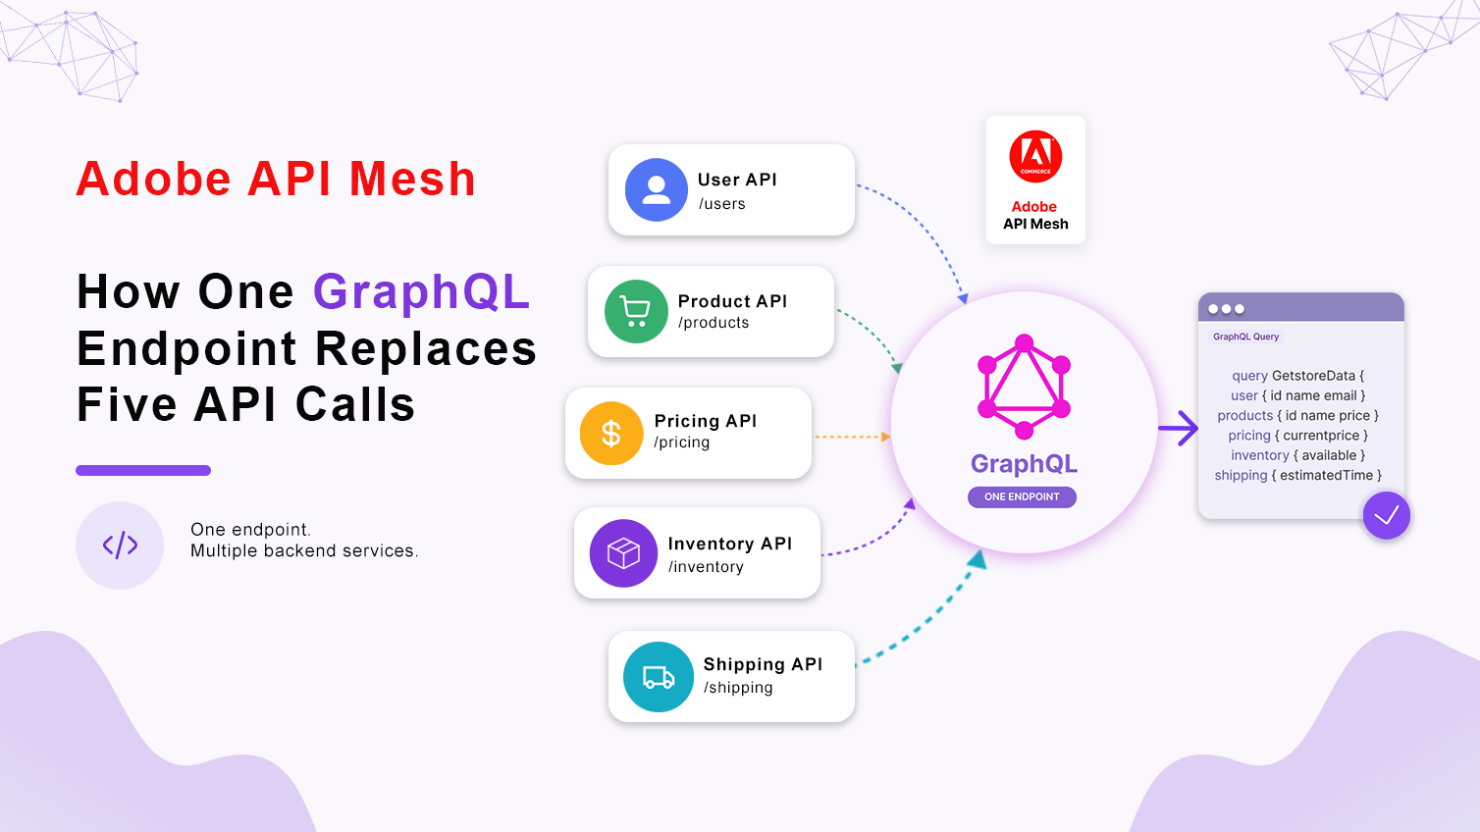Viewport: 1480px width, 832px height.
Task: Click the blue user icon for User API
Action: (x=657, y=189)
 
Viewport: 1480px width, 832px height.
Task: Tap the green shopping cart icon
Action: (x=636, y=311)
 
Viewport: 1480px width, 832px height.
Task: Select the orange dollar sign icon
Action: (x=611, y=433)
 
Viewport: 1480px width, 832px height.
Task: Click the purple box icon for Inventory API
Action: (x=623, y=553)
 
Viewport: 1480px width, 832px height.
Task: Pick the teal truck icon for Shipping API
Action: (x=659, y=677)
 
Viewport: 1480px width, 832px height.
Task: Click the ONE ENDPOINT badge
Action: (x=1022, y=496)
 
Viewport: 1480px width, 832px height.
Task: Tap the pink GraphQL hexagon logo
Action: (x=1024, y=387)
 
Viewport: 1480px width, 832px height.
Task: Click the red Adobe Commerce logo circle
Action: (x=1035, y=157)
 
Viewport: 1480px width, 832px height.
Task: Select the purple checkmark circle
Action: (x=1386, y=515)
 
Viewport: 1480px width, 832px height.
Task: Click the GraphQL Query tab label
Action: (x=1245, y=337)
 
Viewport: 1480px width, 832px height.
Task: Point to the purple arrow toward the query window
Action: (x=1178, y=428)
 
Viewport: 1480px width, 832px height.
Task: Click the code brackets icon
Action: (x=120, y=546)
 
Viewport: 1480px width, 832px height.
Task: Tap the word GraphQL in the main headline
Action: (x=421, y=291)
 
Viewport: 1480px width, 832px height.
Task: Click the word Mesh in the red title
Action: (x=411, y=179)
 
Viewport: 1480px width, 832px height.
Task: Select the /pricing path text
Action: (x=682, y=442)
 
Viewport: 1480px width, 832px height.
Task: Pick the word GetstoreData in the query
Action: (x=1313, y=377)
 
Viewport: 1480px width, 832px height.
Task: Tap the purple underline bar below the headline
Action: (x=143, y=470)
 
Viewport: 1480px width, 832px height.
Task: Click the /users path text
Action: (x=721, y=204)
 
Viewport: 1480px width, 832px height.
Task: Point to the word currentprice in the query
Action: (x=1321, y=436)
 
